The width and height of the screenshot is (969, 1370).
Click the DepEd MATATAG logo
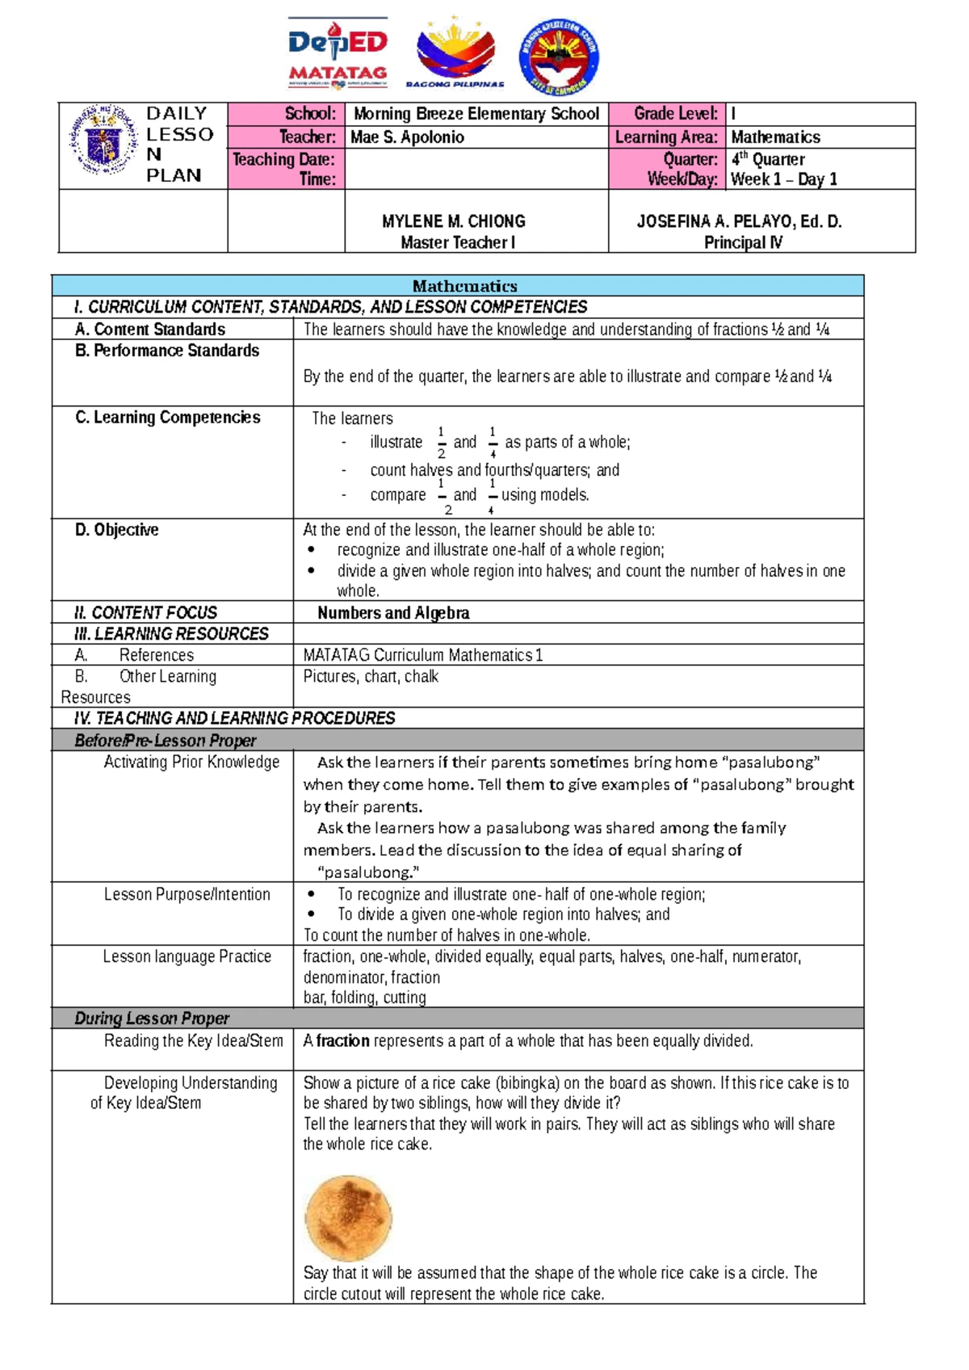click(338, 54)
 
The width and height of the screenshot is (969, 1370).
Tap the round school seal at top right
click(559, 57)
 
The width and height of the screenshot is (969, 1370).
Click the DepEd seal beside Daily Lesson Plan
click(103, 140)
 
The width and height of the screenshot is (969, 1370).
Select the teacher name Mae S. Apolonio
click(407, 137)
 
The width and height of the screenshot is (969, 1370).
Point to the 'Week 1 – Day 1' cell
click(783, 179)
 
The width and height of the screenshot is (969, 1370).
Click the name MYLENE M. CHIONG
click(453, 221)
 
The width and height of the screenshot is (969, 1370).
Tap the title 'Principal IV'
click(742, 242)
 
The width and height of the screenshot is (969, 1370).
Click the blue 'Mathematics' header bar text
click(464, 286)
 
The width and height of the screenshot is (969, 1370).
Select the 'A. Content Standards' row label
click(150, 330)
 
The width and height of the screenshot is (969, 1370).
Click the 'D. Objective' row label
click(117, 530)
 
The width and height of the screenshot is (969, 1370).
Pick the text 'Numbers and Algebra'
click(393, 613)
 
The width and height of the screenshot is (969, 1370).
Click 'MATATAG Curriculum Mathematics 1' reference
click(422, 655)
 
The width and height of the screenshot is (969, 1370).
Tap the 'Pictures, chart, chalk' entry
click(371, 677)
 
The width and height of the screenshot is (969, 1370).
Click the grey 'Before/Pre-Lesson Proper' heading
click(165, 741)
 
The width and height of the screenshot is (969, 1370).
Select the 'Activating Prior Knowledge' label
click(191, 763)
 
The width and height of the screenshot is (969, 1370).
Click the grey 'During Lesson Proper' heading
click(152, 1019)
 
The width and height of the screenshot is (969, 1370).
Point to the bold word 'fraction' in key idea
click(342, 1041)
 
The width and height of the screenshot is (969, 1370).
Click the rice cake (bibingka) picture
click(348, 1218)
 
